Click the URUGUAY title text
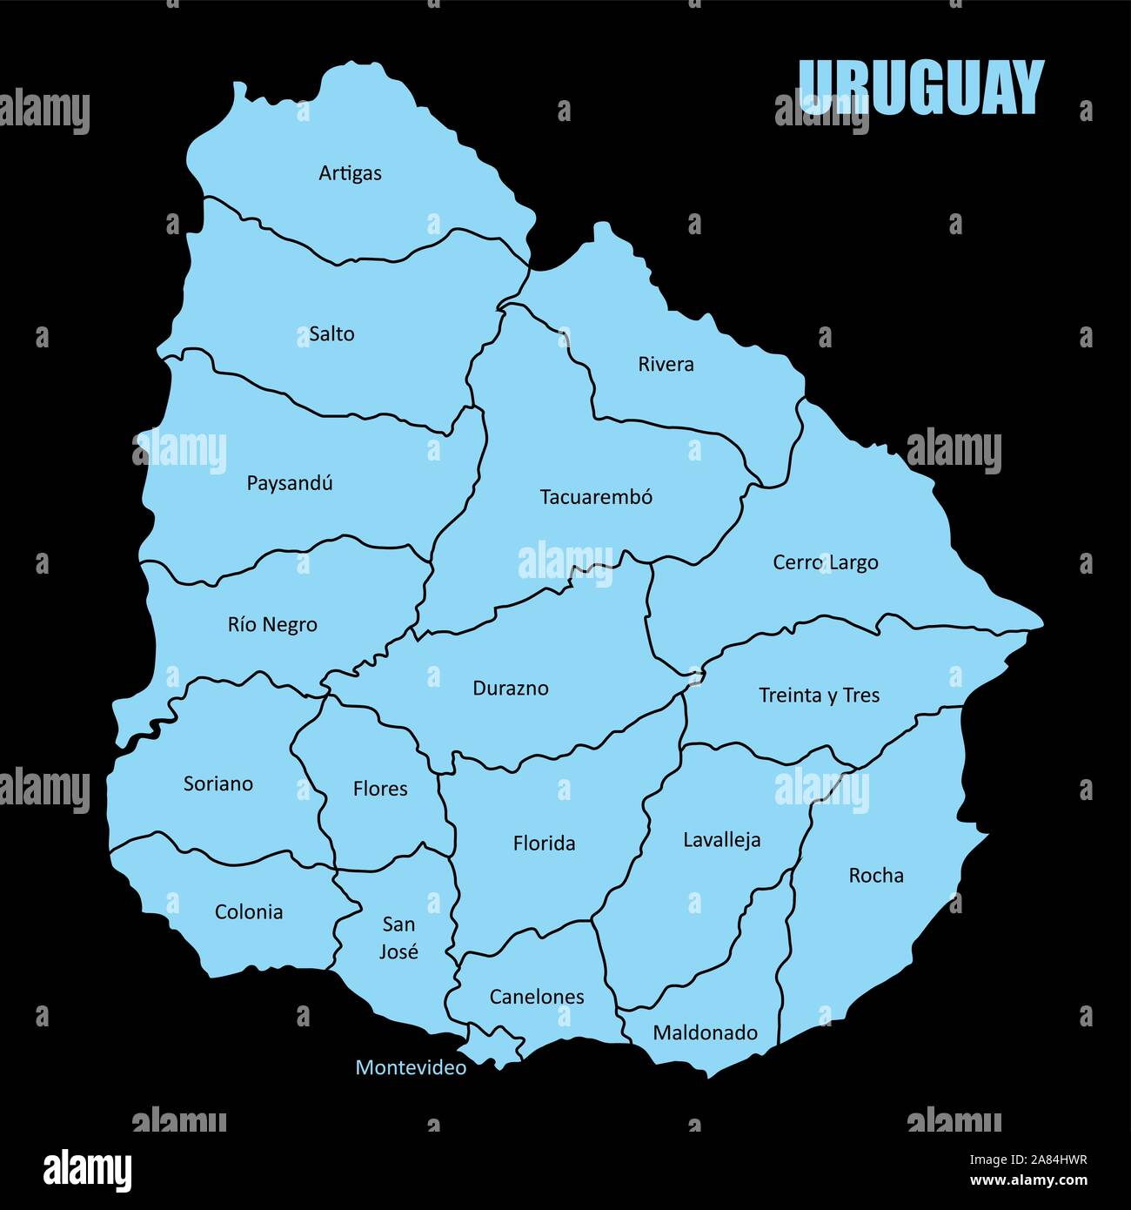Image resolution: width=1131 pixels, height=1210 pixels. point(920,87)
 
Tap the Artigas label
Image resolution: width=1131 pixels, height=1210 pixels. point(350,173)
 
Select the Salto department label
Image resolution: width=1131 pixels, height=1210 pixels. point(331,333)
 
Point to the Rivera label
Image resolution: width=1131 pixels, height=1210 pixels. point(666,364)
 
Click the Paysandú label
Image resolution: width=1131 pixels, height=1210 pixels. point(290,483)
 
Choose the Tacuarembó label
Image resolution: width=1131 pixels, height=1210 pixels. point(596,497)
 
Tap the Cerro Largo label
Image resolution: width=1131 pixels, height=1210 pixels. point(825,562)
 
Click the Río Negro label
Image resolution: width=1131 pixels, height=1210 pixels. point(272,625)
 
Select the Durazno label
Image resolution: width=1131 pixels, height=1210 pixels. point(511,689)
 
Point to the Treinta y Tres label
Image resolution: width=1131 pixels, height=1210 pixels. point(819,696)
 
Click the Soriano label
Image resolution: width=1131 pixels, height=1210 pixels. point(218,783)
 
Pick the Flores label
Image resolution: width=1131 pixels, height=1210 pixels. point(380,789)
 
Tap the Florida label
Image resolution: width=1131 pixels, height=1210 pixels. point(544,844)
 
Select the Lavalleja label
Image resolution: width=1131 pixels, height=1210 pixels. point(721,840)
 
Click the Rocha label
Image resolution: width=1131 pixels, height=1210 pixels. point(876,876)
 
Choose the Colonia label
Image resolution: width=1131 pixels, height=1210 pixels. point(249,912)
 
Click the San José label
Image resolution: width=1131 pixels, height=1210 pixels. point(398,938)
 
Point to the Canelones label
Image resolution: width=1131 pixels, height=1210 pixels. point(537,997)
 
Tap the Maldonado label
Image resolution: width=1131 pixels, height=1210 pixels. point(705,1033)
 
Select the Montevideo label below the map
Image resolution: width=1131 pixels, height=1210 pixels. point(411,1067)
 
